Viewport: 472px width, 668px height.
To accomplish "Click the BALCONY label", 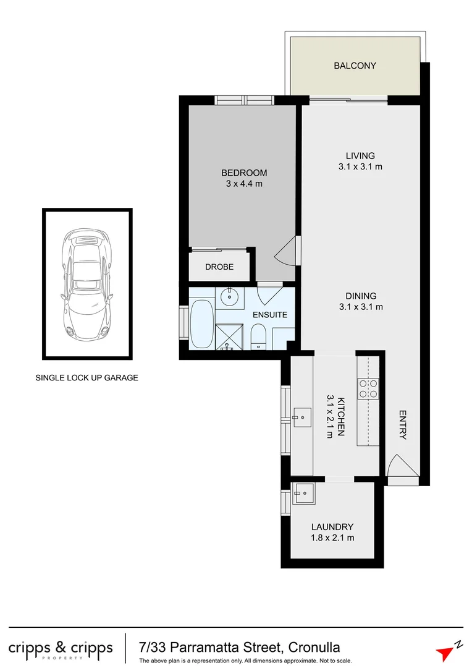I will tap(355, 66).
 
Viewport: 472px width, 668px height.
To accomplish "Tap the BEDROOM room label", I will tap(244, 173).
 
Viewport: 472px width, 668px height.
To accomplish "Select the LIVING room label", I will tap(360, 156).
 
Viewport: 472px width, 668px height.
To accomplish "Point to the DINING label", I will tap(361, 296).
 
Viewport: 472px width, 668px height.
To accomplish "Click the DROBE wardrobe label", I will tap(219, 267).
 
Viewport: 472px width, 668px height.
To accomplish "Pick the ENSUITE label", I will tap(270, 315).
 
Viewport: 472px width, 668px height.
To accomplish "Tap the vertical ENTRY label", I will tap(403, 425).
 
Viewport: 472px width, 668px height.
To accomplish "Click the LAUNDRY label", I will tap(332, 527).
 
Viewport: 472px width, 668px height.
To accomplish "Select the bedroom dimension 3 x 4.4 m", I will tap(244, 184).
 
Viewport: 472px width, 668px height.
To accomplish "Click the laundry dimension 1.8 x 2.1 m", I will tap(332, 538).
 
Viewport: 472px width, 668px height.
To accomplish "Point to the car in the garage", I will tap(86, 284).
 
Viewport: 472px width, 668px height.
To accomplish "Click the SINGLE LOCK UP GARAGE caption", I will tap(86, 377).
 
